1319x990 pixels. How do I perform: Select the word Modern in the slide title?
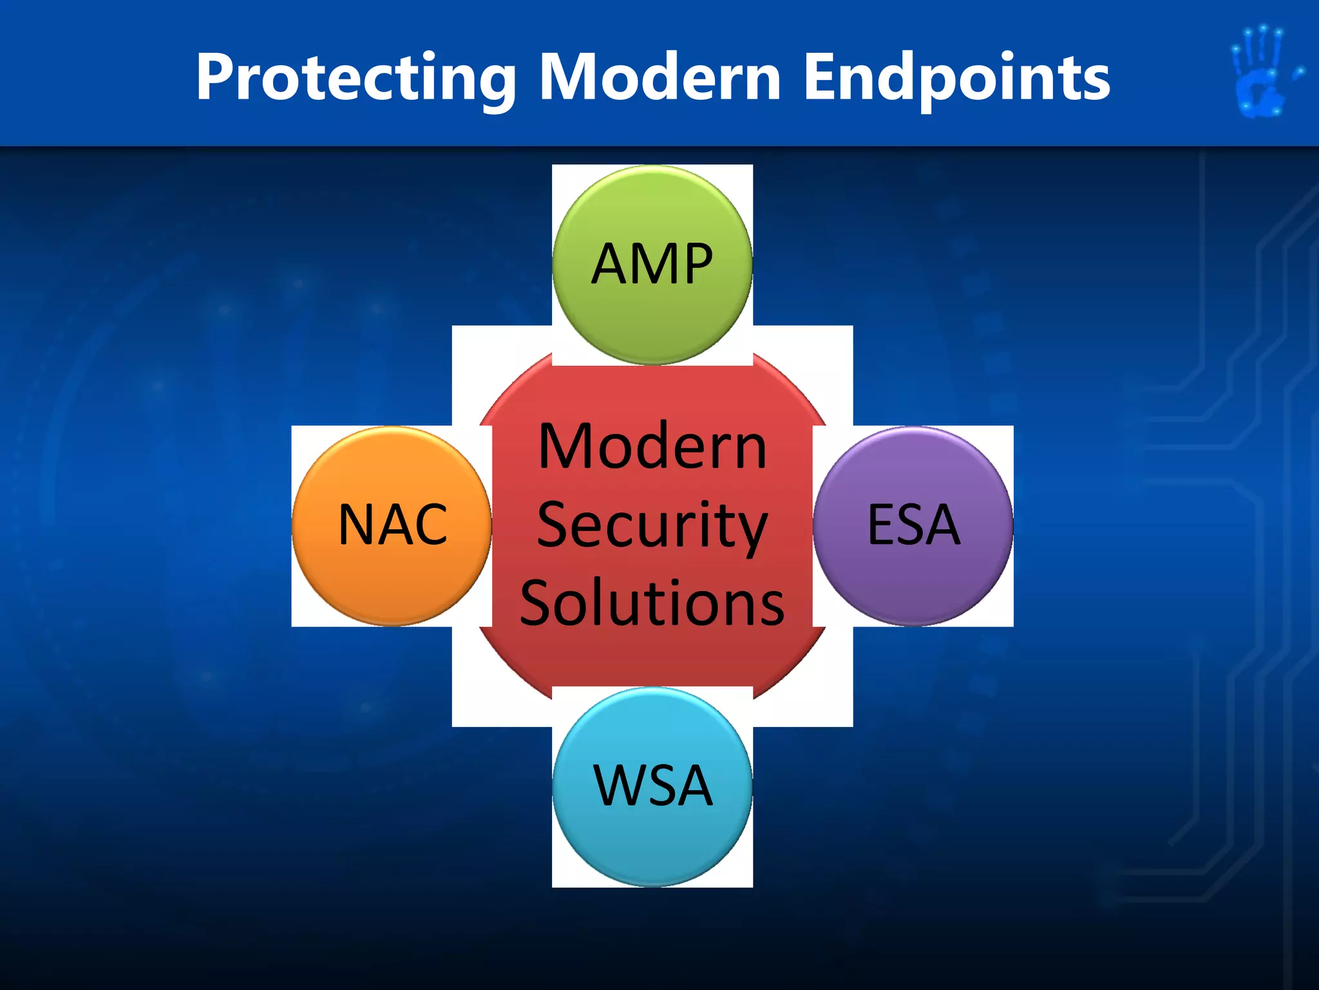coord(659,78)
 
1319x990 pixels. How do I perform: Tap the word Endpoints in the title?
coord(957,78)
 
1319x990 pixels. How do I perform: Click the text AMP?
coord(652,264)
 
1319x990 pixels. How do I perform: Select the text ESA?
coord(913,525)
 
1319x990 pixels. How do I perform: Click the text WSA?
coord(652,786)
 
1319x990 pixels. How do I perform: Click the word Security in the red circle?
coord(652,525)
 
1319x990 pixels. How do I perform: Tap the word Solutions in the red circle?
coord(652,603)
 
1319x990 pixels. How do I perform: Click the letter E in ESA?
coord(882,525)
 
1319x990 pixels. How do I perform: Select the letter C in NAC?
coord(429,525)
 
